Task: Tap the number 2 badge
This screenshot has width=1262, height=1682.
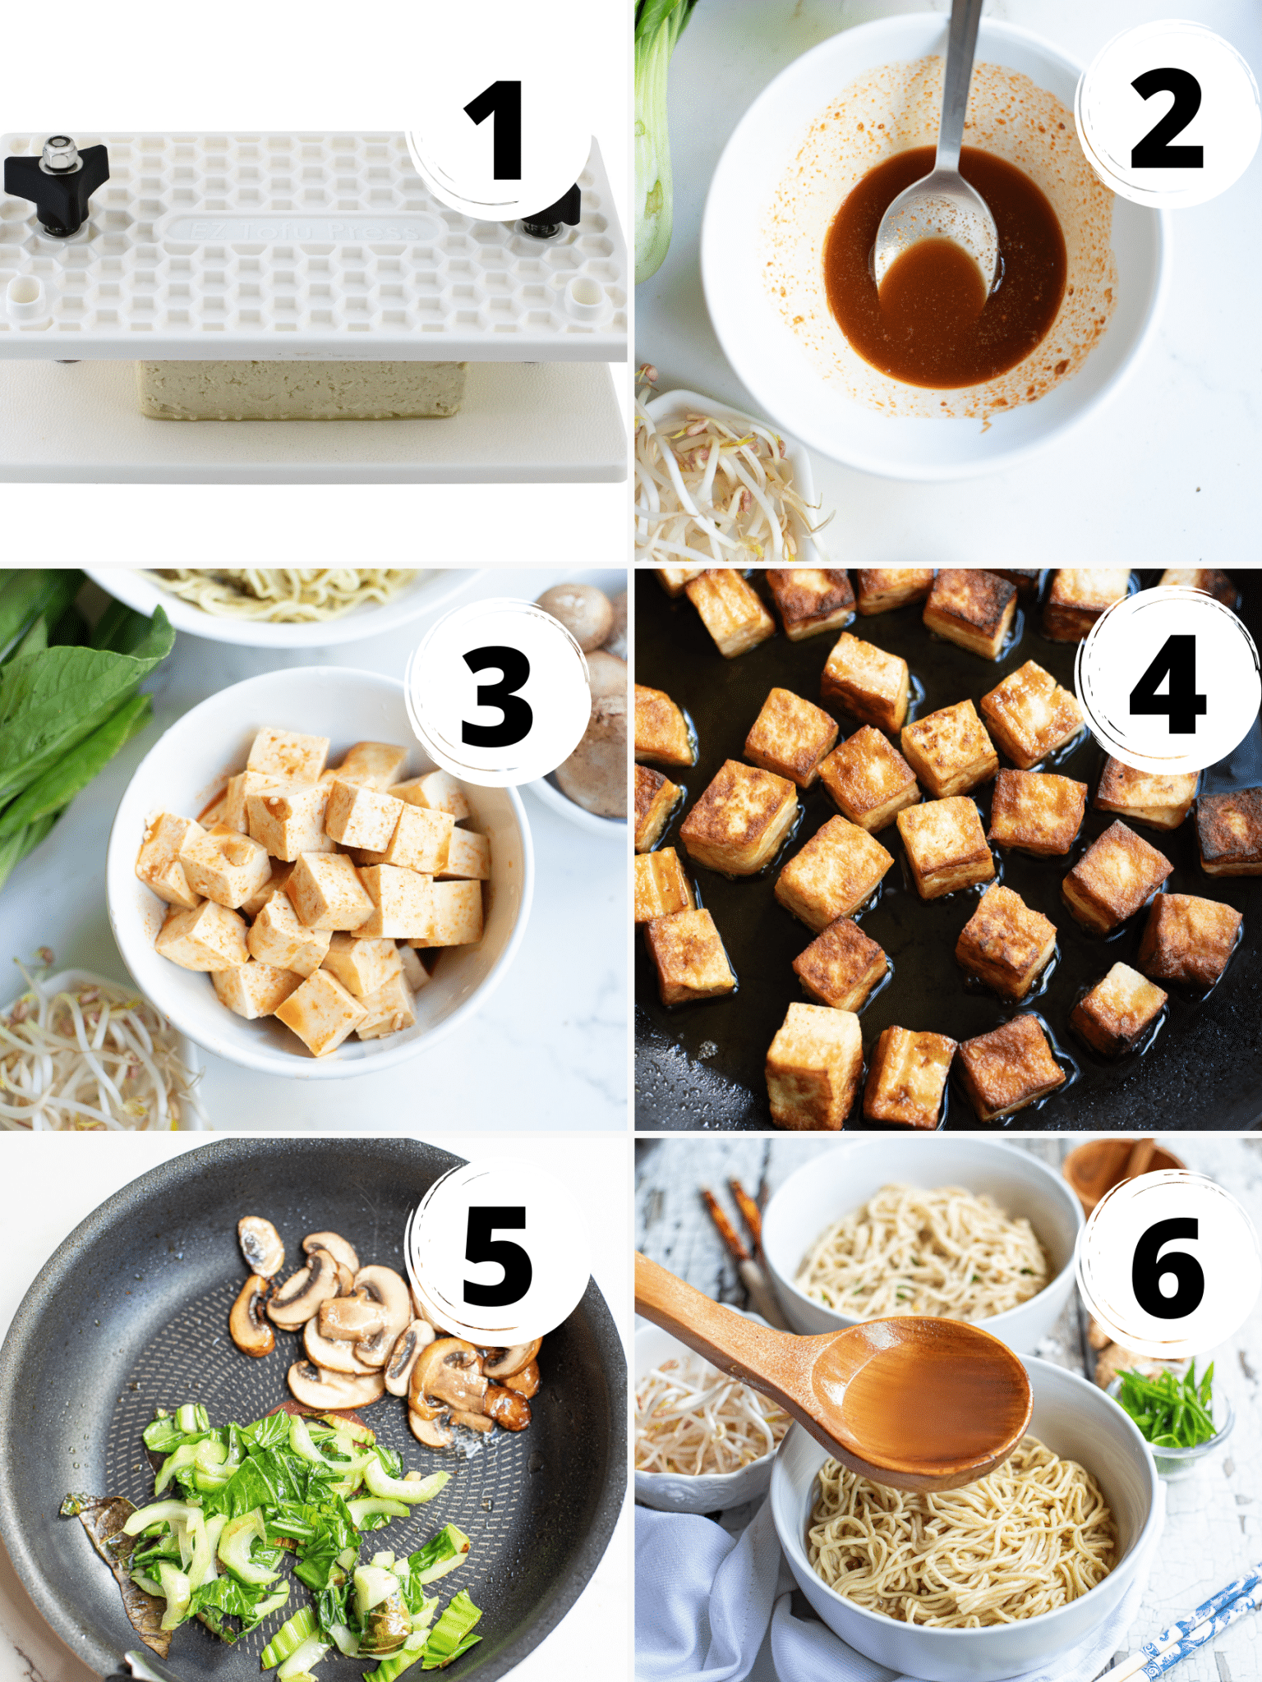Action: [x=1167, y=117]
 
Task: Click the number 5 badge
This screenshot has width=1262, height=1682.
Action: [x=497, y=1257]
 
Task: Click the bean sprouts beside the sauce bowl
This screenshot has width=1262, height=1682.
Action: [x=715, y=485]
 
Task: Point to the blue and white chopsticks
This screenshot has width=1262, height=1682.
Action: [x=1200, y=1626]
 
